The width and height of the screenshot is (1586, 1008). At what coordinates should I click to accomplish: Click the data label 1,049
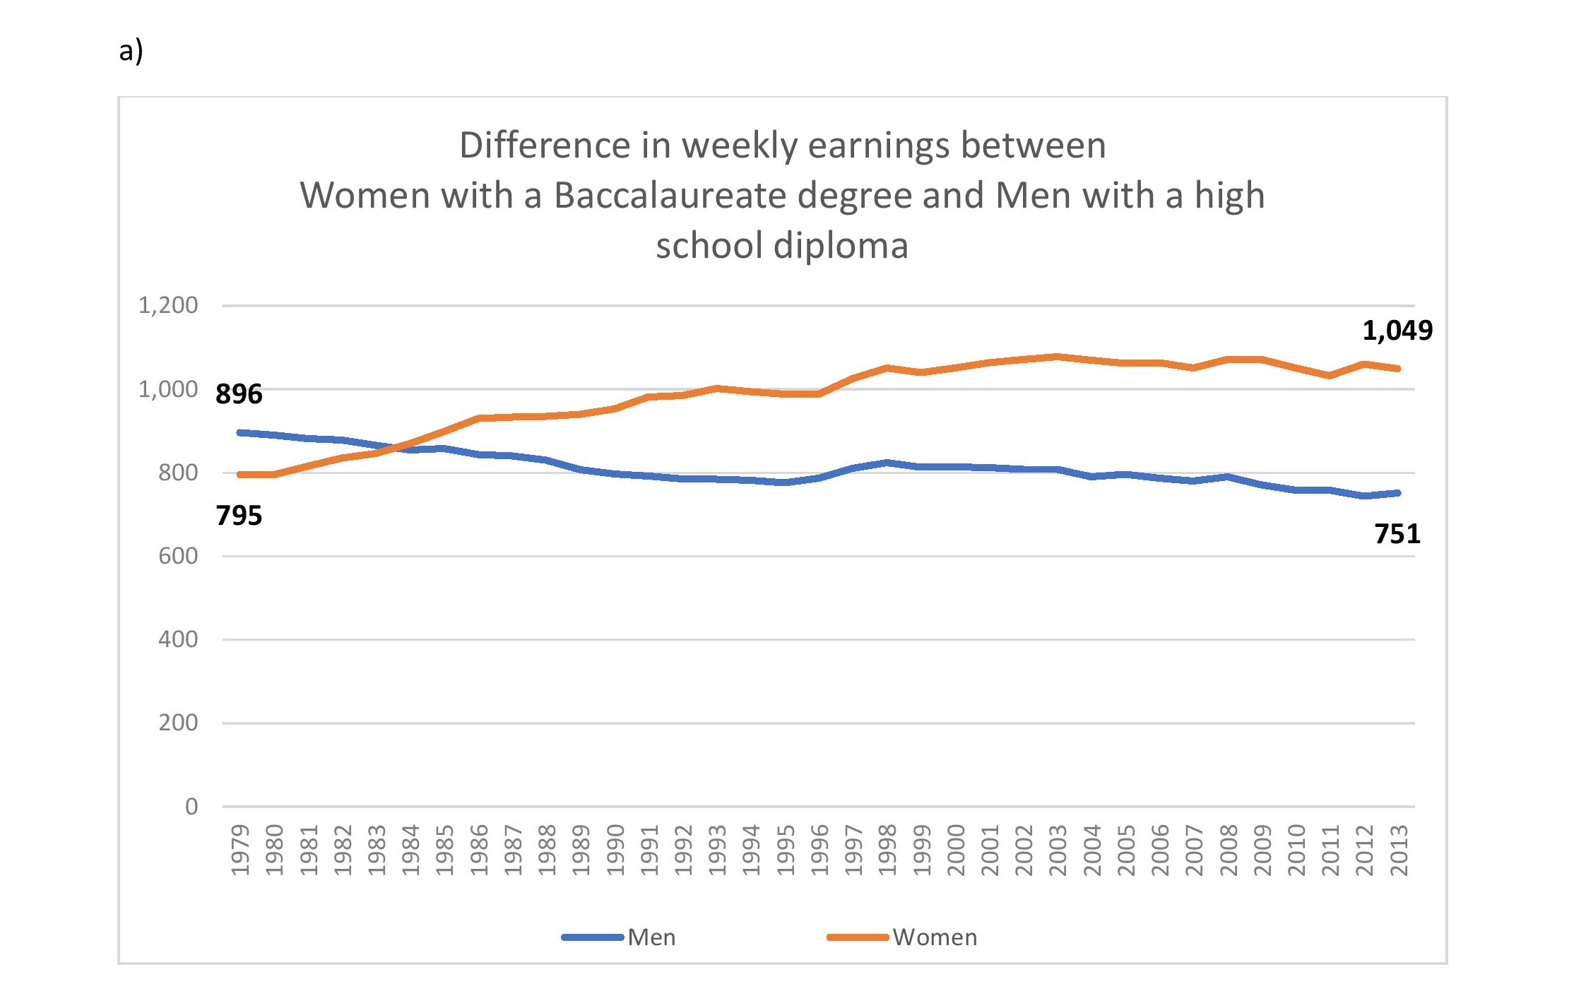pyautogui.click(x=1397, y=331)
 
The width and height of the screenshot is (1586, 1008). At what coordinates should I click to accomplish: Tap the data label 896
pyautogui.click(x=239, y=394)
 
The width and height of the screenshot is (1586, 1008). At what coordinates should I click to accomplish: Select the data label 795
pyautogui.click(x=239, y=516)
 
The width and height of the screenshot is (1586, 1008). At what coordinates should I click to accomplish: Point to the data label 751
pyautogui.click(x=1397, y=534)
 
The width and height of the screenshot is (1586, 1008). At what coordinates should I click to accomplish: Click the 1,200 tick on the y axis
pyautogui.click(x=168, y=306)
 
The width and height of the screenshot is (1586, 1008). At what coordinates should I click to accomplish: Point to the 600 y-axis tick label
pyautogui.click(x=177, y=556)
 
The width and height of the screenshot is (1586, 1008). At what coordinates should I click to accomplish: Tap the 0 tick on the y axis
pyautogui.click(x=191, y=806)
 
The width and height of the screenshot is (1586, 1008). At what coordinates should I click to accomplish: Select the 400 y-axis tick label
pyautogui.click(x=177, y=639)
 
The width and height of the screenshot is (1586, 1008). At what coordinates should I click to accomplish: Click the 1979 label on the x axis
pyautogui.click(x=240, y=850)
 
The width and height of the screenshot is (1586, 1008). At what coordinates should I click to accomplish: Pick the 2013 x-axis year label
pyautogui.click(x=1399, y=850)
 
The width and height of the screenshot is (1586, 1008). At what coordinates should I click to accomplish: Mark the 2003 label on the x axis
pyautogui.click(x=1058, y=850)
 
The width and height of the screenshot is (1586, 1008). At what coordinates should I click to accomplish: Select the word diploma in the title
pyautogui.click(x=841, y=246)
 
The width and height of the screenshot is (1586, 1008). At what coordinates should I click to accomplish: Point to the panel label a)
pyautogui.click(x=131, y=51)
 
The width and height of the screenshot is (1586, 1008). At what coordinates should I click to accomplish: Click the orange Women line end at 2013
pyautogui.click(x=1397, y=368)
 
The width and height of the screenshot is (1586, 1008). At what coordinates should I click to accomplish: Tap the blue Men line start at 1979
pyautogui.click(x=240, y=432)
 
